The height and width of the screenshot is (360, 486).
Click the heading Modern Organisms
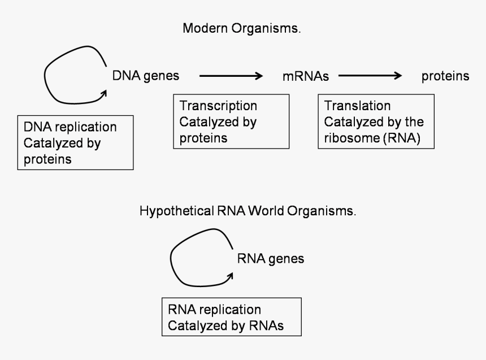pyautogui.click(x=241, y=29)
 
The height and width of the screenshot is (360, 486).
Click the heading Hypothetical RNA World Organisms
pyautogui.click(x=248, y=212)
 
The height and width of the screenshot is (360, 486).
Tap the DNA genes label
pyautogui.click(x=146, y=76)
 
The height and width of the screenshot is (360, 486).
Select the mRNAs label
pyautogui.click(x=305, y=76)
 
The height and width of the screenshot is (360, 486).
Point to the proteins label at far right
pyautogui.click(x=445, y=76)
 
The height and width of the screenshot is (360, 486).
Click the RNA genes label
pyautogui.click(x=270, y=259)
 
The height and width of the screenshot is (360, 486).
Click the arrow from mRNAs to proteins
pyautogui.click(x=370, y=76)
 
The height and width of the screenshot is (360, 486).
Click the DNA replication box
pyautogui.click(x=75, y=143)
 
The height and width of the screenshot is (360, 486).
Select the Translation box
pyautogui.click(x=376, y=122)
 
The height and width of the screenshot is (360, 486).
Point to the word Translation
pyautogui.click(x=357, y=106)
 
